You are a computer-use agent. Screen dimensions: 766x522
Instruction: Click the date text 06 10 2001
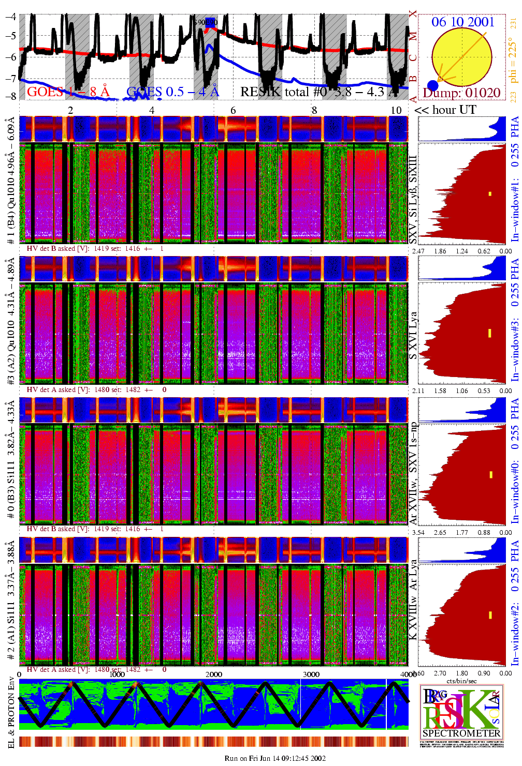pos(462,22)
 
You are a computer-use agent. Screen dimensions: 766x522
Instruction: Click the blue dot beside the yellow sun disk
pos(433,85)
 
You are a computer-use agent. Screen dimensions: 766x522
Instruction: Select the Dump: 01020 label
pos(461,93)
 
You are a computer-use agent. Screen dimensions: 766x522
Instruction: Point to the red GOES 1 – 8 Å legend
pos(68,92)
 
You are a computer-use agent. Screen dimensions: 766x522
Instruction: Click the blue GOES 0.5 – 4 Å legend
pos(172,92)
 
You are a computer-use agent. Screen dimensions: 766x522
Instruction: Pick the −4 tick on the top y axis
pos(10,16)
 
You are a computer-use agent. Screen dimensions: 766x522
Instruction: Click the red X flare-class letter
pos(413,14)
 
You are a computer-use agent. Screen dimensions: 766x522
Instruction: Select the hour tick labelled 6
pos(233,110)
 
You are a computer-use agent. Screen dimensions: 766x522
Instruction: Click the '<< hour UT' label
pos(445,110)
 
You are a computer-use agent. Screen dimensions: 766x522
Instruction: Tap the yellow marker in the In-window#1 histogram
pos(490,194)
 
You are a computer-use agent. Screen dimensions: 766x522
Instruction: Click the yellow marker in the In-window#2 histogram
pos(490,615)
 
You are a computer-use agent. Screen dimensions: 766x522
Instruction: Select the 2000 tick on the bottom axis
pos(214,674)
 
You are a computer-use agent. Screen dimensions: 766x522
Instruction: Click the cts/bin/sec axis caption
pos(461,681)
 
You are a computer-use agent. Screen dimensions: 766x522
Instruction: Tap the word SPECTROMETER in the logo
pos(461,733)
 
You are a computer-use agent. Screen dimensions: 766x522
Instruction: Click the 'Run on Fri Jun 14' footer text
pos(275,758)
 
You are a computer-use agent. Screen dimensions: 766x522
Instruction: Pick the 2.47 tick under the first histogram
pos(418,251)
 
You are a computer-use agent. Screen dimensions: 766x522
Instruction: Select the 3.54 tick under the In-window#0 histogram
pos(418,532)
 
